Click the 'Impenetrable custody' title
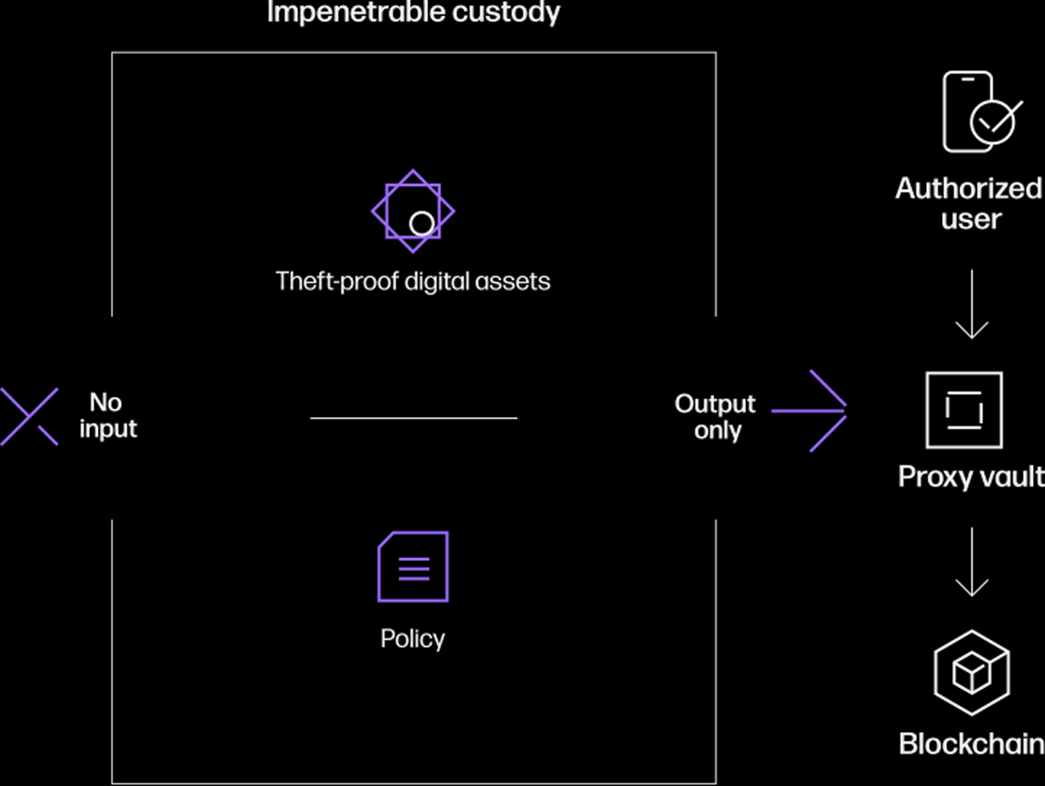tap(413, 12)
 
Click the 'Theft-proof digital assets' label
tap(413, 282)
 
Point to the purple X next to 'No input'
tap(29, 416)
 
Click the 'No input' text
tap(108, 415)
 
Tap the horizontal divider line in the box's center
tap(413, 418)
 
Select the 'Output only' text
tap(715, 417)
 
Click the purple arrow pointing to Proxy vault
tap(809, 411)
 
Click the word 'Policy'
tap(413, 640)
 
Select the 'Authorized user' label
tap(970, 204)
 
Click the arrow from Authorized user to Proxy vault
tap(971, 304)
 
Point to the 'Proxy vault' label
tap(971, 477)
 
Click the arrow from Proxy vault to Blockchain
tap(971, 562)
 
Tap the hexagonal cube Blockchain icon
tap(936, 672)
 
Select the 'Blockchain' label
tap(971, 743)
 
